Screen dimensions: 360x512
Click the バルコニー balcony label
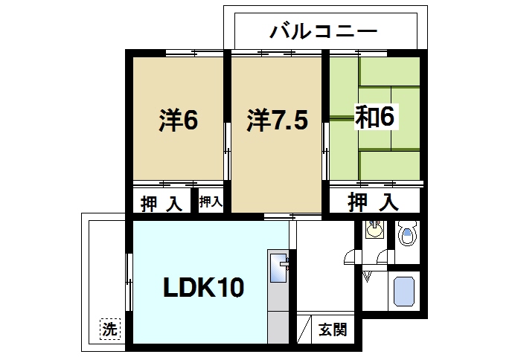point(324,31)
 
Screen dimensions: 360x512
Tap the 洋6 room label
point(179,120)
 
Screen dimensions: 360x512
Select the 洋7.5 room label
point(277,120)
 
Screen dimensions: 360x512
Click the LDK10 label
point(203,286)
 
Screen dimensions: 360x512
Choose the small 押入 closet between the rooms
point(211,202)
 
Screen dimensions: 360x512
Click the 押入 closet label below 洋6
point(161,203)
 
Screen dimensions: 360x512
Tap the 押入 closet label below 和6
point(374,201)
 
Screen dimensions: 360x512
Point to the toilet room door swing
point(383,258)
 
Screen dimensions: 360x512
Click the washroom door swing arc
point(349,258)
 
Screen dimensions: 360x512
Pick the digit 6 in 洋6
point(190,120)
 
